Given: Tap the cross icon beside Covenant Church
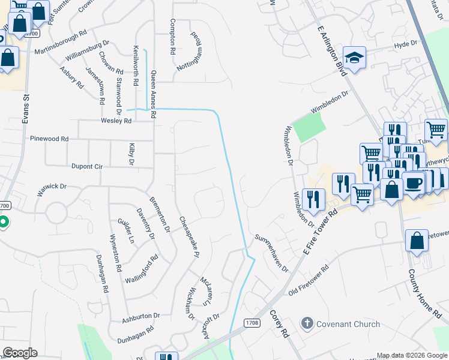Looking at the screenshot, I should [x=307, y=324].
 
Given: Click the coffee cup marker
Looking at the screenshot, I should [x=413, y=182].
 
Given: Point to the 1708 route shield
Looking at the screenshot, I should [x=252, y=323].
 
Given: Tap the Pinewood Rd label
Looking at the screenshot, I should [x=49, y=139].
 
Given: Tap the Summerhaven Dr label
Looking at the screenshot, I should [x=273, y=253].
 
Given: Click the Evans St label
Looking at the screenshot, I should [x=26, y=109].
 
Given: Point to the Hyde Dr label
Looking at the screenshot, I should [x=405, y=44].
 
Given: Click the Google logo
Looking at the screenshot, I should [x=20, y=352].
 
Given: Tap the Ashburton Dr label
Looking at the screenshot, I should [x=142, y=316].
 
